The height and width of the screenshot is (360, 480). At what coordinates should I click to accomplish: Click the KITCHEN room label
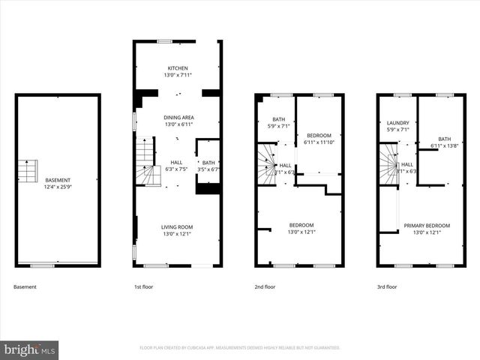(x=178, y=68)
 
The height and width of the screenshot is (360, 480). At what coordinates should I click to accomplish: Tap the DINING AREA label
(x=178, y=118)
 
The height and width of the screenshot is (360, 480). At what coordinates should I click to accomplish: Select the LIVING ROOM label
(x=178, y=227)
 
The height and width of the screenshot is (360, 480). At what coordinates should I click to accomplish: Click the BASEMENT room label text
(x=58, y=180)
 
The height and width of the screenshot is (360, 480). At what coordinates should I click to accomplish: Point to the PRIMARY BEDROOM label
(x=427, y=226)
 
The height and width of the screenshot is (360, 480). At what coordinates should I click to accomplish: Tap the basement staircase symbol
(x=27, y=171)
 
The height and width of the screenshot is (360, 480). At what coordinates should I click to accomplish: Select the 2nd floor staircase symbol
(x=265, y=163)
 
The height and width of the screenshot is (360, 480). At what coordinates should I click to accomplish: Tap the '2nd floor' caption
(x=265, y=287)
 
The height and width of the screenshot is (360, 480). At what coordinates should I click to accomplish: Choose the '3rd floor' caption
(x=388, y=287)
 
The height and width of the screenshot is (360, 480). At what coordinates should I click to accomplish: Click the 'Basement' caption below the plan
(x=25, y=287)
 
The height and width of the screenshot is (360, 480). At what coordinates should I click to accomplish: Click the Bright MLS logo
(x=29, y=349)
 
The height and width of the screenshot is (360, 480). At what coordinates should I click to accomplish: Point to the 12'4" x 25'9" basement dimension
(x=58, y=187)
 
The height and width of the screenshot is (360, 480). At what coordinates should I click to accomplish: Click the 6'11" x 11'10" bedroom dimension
(x=319, y=142)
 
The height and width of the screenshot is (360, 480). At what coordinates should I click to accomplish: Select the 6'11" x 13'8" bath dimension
(x=445, y=145)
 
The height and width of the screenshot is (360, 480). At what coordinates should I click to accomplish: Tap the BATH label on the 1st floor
(x=208, y=162)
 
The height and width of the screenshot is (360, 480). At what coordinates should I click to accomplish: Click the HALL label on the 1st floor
(x=176, y=162)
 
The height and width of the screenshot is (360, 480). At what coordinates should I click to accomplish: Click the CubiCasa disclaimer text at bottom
(x=240, y=348)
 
